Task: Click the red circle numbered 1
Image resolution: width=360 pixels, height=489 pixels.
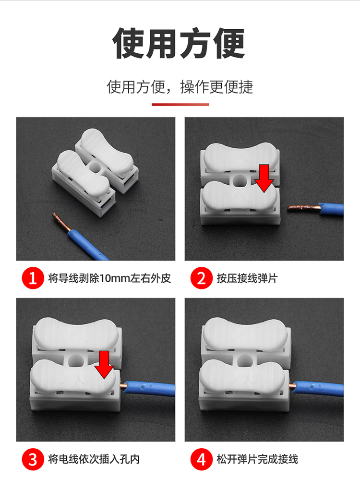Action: click(33, 278)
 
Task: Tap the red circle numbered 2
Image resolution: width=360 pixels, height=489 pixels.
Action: click(202, 278)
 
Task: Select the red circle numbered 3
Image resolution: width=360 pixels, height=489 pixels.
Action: click(33, 459)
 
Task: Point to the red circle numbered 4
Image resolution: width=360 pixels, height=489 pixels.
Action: click(202, 459)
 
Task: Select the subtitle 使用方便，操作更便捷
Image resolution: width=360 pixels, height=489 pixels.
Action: click(180, 86)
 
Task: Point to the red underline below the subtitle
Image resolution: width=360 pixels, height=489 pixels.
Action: click(180, 105)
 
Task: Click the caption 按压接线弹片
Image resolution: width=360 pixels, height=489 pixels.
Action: click(247, 278)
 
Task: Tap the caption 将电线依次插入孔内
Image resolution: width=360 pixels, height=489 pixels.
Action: click(94, 459)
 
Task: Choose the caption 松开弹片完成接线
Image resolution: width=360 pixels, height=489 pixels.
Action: click(257, 459)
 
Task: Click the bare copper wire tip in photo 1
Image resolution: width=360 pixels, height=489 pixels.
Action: click(55, 215)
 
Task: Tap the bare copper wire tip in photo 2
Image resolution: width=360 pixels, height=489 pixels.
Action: click(289, 210)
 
